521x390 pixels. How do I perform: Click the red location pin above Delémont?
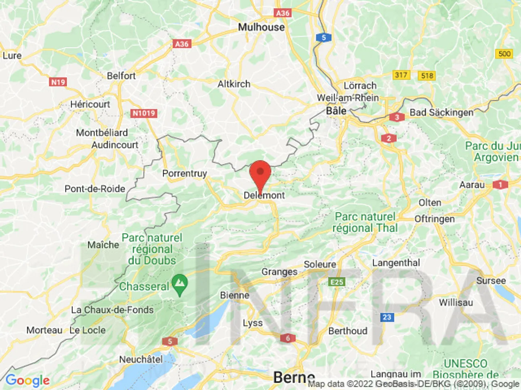260,174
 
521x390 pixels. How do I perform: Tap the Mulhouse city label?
261,27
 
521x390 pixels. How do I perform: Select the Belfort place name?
121,76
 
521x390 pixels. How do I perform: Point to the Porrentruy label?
185,173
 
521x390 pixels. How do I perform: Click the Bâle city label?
336,111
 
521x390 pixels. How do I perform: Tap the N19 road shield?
58,82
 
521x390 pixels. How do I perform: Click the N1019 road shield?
144,113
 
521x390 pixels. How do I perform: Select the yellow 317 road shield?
401,75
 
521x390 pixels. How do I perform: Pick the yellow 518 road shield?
427,75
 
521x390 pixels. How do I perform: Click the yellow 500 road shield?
504,54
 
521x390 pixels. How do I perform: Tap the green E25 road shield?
337,282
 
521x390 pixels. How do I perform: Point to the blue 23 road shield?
387,317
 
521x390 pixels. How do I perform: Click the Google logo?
27,380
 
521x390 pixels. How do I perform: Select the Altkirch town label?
234,84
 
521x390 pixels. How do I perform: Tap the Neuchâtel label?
141,359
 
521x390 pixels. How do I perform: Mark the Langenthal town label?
396,263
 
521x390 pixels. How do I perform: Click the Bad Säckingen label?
441,113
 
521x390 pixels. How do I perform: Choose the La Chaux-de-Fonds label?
112,310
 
